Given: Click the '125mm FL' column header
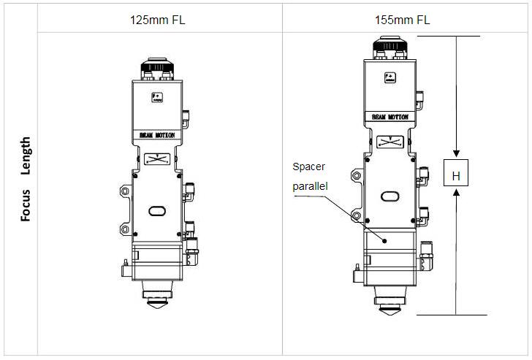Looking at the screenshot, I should click(x=156, y=20).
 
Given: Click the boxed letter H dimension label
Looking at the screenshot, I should click(x=455, y=176).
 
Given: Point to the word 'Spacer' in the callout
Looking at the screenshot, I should click(x=308, y=166).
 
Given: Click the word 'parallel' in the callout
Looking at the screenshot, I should click(x=311, y=186).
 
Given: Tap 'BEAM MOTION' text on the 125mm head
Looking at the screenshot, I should click(x=156, y=135).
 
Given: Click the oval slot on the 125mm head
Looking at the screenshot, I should click(x=157, y=210).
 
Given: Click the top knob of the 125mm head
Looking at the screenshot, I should click(x=156, y=68).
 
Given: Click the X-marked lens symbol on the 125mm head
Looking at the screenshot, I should click(x=156, y=158).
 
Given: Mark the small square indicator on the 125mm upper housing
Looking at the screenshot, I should click(x=156, y=97).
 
